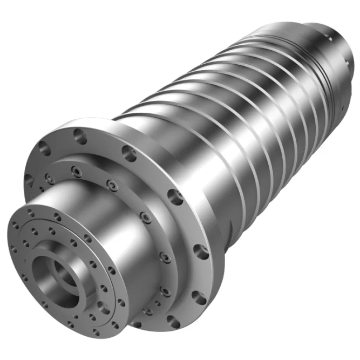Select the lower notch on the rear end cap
pyautogui.click(x=342, y=108)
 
